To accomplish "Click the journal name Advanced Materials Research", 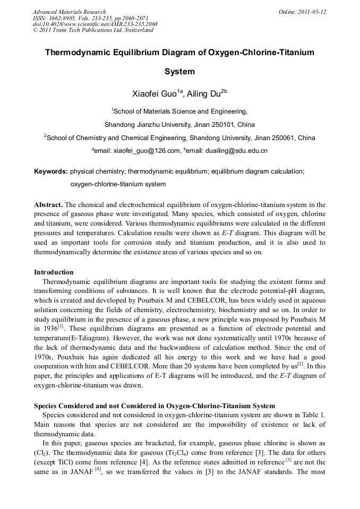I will (x=69, y=12).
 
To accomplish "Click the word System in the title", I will (x=179, y=72).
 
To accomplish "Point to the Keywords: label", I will (x=50, y=171).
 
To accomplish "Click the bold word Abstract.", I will (x=49, y=204).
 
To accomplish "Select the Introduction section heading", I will (x=54, y=272).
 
